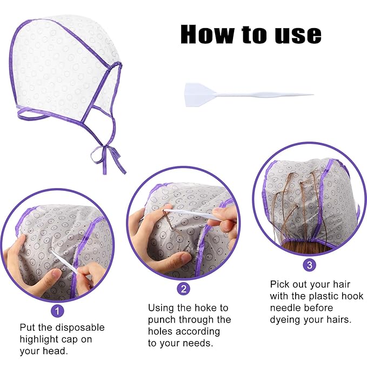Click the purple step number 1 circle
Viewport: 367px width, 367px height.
click(x=57, y=310)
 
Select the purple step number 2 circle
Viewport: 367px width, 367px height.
click(x=184, y=289)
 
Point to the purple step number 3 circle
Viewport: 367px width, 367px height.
click(x=309, y=264)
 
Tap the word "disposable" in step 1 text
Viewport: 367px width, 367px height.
click(x=79, y=328)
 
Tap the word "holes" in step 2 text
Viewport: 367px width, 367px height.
click(x=161, y=331)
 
